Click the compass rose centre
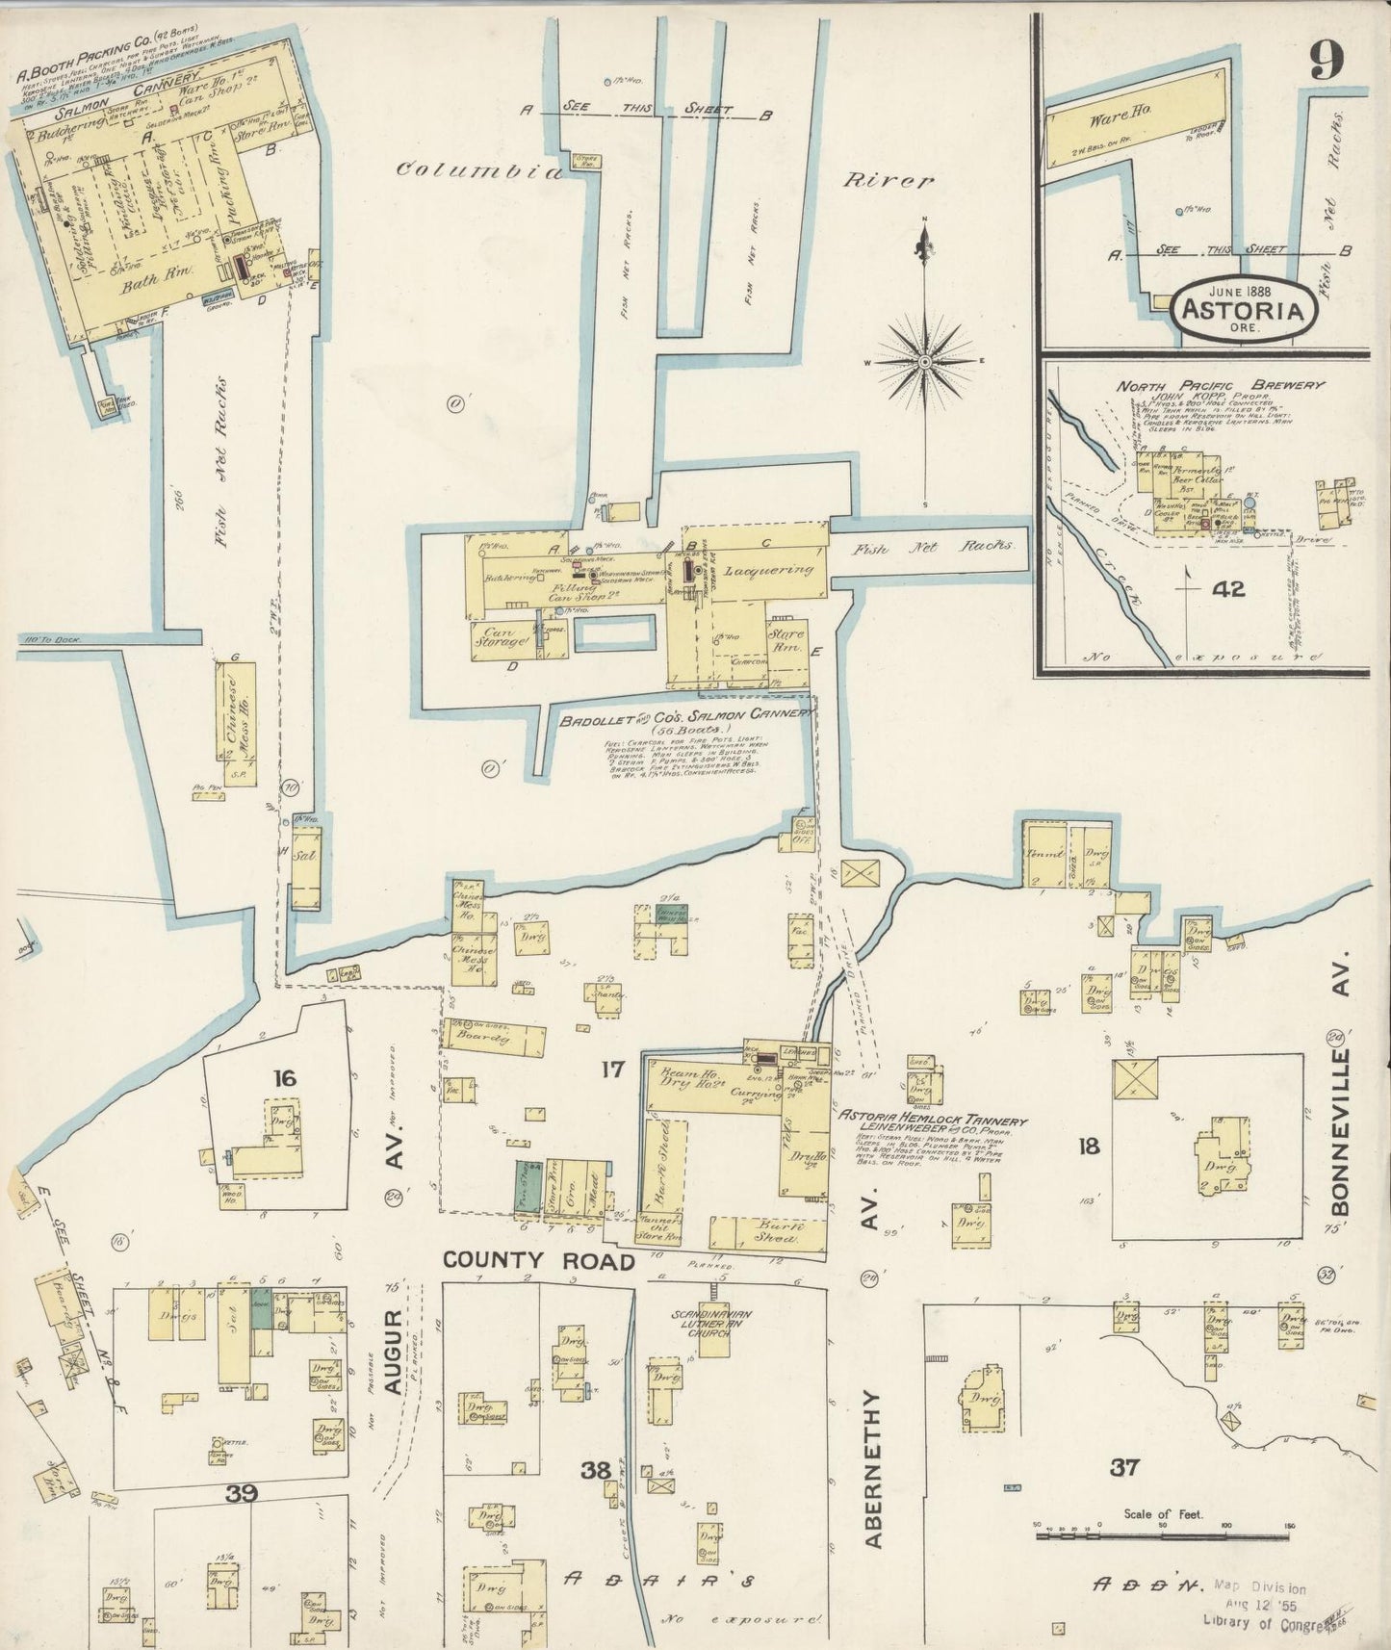click(x=924, y=362)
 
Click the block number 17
click(x=612, y=1069)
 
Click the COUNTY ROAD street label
click(x=538, y=1261)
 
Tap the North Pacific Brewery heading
click(x=1219, y=385)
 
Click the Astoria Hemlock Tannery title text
click(x=932, y=1121)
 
